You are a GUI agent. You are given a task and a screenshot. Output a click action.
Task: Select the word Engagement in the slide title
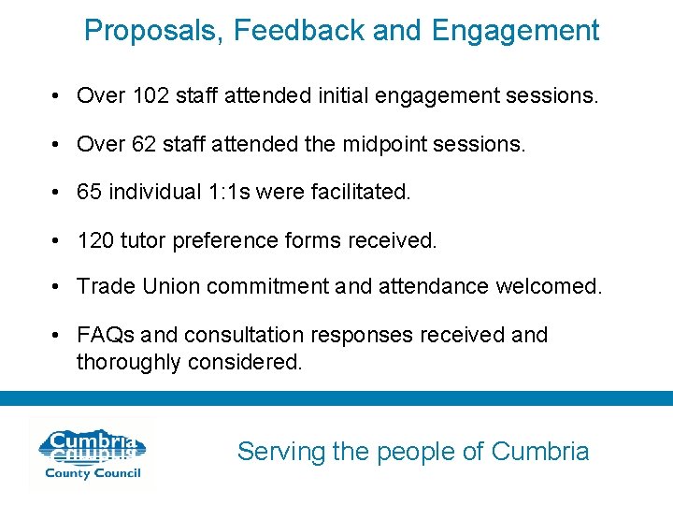[515, 32]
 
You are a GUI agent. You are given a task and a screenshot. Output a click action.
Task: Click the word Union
[171, 287]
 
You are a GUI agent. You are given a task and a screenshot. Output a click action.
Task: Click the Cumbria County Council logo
[90, 454]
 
